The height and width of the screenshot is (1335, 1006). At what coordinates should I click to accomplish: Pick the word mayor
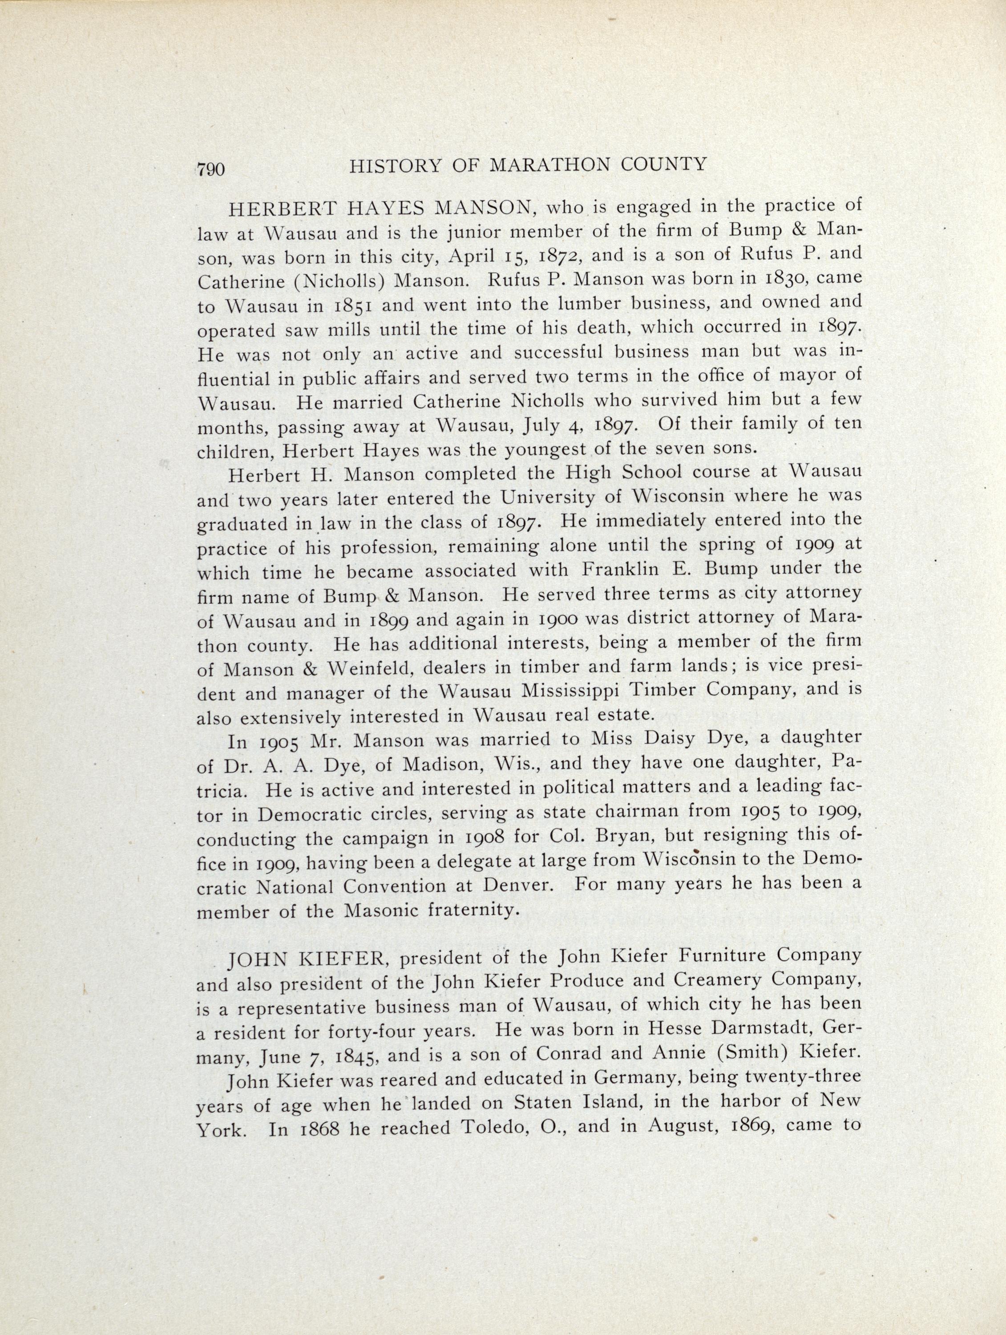pyautogui.click(x=804, y=375)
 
